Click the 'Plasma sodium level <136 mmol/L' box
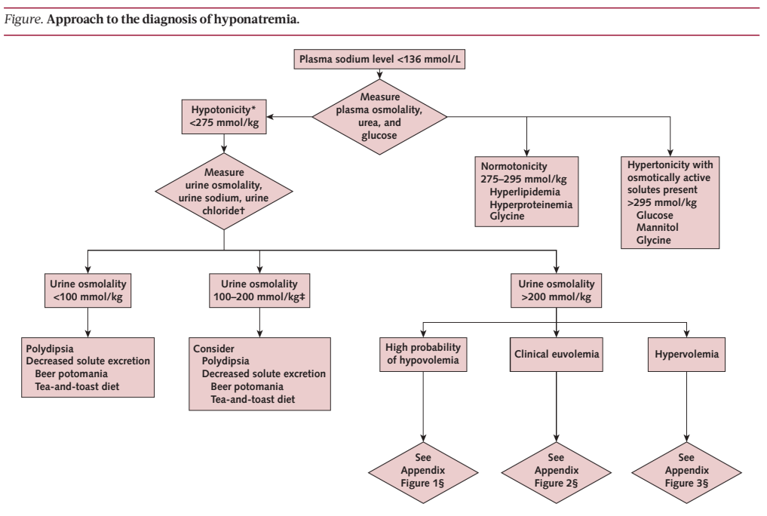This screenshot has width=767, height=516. [379, 59]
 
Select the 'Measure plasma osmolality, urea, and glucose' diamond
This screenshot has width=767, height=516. [379, 117]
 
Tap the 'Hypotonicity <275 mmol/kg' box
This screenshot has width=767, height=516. [224, 117]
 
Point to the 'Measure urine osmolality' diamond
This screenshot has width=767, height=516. [224, 192]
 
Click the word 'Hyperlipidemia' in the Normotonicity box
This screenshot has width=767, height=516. [525, 192]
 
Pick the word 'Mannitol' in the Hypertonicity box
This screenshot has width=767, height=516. [657, 227]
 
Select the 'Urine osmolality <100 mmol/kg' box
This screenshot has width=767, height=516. [88, 290]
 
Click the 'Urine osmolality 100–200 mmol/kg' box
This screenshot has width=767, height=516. [259, 290]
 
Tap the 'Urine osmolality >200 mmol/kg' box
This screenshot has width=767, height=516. [556, 290]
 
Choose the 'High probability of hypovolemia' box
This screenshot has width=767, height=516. [423, 354]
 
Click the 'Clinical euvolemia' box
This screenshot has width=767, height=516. [556, 354]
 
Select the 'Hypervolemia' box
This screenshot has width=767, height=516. [686, 354]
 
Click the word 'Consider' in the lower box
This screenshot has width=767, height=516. [213, 349]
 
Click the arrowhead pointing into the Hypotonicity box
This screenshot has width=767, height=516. [270, 117]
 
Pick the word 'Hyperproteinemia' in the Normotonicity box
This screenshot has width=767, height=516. [531, 204]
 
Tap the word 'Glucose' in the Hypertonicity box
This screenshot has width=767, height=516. [655, 215]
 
